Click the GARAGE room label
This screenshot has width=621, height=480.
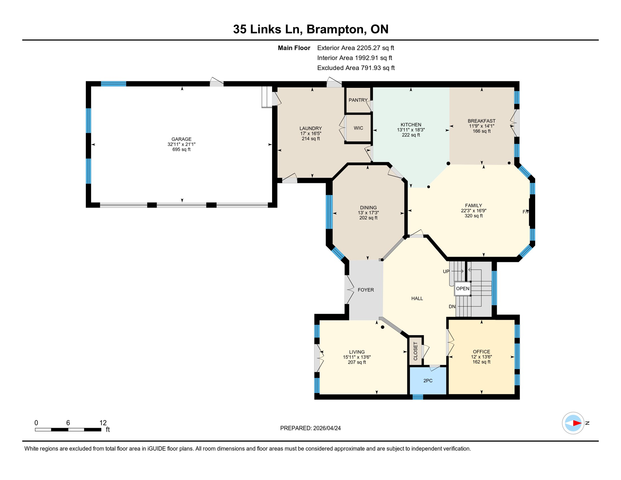tap(181, 139)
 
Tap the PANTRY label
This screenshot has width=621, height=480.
tap(358, 100)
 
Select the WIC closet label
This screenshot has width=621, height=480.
tap(358, 128)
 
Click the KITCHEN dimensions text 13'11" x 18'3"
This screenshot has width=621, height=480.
tap(411, 130)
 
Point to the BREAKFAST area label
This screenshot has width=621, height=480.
tap(481, 121)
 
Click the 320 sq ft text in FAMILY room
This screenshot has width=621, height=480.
tap(473, 216)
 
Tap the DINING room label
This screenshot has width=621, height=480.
tap(368, 207)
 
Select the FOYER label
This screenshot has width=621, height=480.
tap(365, 290)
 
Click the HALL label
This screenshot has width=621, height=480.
tap(417, 298)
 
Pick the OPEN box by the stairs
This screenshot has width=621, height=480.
tap(462, 288)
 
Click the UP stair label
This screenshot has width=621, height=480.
tap(446, 272)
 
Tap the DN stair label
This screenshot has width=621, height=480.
tap(452, 307)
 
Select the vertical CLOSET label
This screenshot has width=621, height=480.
tap(415, 351)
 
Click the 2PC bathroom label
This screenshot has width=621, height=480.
tap(428, 381)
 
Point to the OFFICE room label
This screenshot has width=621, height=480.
tap(481, 352)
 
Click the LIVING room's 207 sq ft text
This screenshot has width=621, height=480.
tap(357, 362)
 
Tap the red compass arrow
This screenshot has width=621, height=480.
tap(577, 423)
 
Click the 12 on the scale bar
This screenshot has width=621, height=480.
tap(103, 423)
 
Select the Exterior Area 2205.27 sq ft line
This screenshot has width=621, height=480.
tap(355, 48)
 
